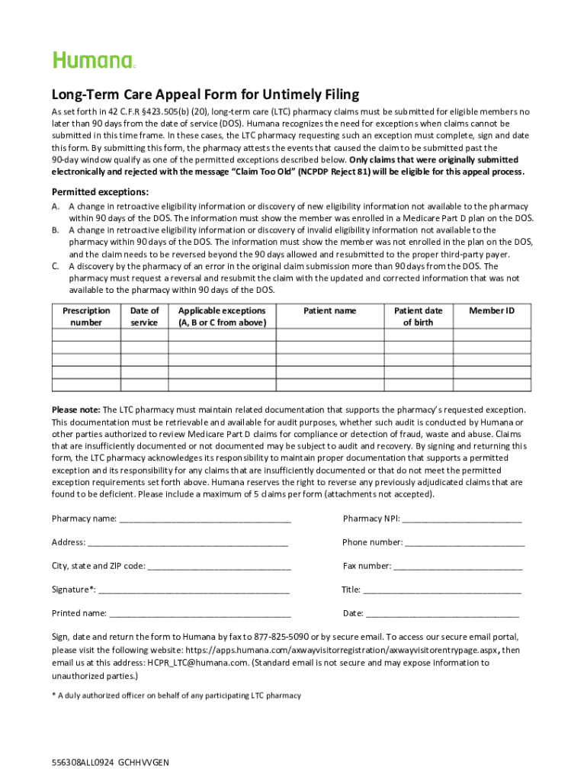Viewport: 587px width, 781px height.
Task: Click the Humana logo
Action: click(93, 60)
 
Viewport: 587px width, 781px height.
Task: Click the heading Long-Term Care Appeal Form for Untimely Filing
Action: click(205, 95)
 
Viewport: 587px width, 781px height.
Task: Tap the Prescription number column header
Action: click(86, 317)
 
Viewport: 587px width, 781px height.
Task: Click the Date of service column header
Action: click(144, 317)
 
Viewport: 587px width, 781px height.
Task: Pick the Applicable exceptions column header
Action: click(222, 317)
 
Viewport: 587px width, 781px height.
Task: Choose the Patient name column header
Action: click(329, 311)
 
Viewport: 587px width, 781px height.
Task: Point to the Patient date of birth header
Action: click(418, 317)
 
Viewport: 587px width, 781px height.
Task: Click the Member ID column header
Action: click(491, 311)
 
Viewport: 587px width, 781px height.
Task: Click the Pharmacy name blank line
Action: click(205, 519)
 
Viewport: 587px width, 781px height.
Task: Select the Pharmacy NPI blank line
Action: click(461, 519)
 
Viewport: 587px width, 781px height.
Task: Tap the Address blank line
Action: click(188, 543)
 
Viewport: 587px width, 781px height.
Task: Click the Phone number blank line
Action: click(464, 543)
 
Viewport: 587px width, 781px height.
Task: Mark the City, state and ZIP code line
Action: click(219, 567)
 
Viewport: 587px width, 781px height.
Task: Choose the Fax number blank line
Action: click(457, 567)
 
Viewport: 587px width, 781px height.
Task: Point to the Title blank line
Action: click(442, 590)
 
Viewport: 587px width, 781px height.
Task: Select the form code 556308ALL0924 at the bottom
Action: click(82, 763)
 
